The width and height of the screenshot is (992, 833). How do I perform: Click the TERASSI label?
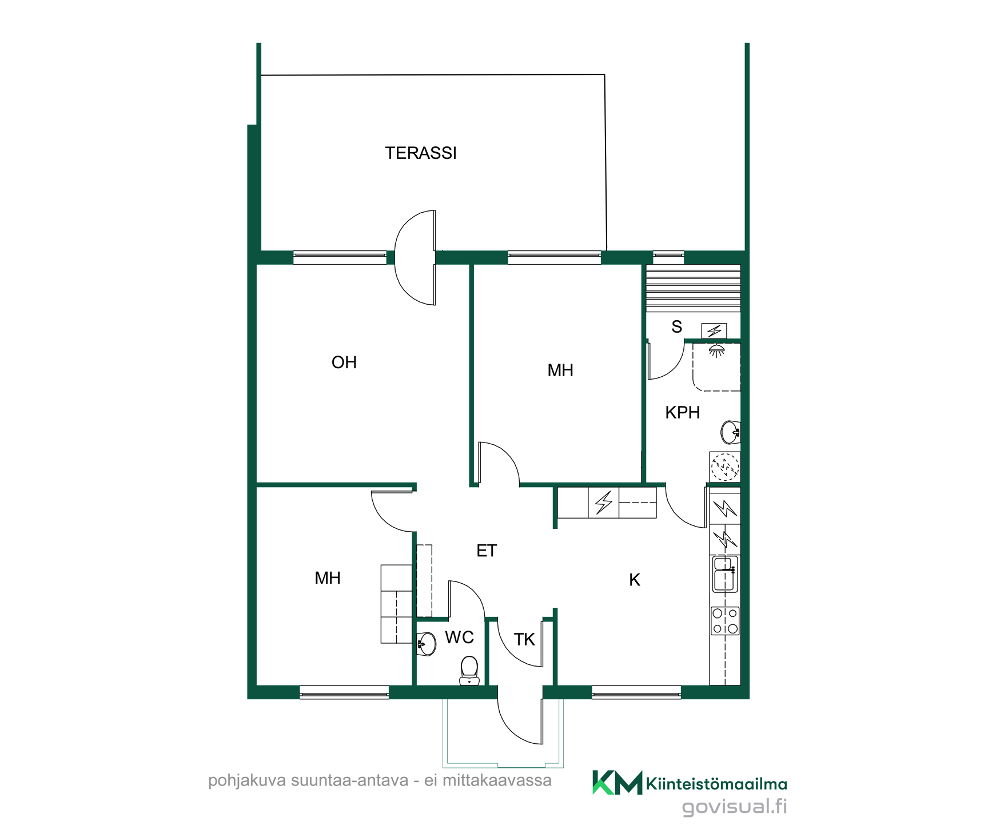[421, 153]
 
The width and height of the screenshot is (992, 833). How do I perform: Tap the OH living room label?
[344, 362]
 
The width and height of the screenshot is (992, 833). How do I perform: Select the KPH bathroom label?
[683, 413]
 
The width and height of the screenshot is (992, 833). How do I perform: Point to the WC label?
[460, 637]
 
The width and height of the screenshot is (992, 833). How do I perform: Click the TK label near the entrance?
[524, 640]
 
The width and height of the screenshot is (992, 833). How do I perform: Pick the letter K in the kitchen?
[635, 580]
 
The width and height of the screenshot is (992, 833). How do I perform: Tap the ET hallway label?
[487, 551]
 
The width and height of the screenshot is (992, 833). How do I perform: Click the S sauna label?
[677, 327]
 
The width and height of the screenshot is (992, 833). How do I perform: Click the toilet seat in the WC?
[469, 670]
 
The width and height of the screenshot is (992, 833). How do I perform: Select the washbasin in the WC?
[426, 644]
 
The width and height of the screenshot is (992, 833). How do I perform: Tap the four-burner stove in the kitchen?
[725, 621]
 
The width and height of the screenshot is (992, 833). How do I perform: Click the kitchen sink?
[725, 575]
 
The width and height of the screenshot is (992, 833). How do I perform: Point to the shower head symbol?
[716, 350]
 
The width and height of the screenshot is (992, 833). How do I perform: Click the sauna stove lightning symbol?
[714, 331]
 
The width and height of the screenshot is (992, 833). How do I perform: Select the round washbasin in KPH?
[731, 432]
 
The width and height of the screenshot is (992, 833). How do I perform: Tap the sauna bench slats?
[693, 289]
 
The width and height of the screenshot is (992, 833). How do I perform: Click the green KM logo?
[617, 783]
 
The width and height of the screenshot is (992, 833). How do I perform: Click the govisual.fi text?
[734, 807]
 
